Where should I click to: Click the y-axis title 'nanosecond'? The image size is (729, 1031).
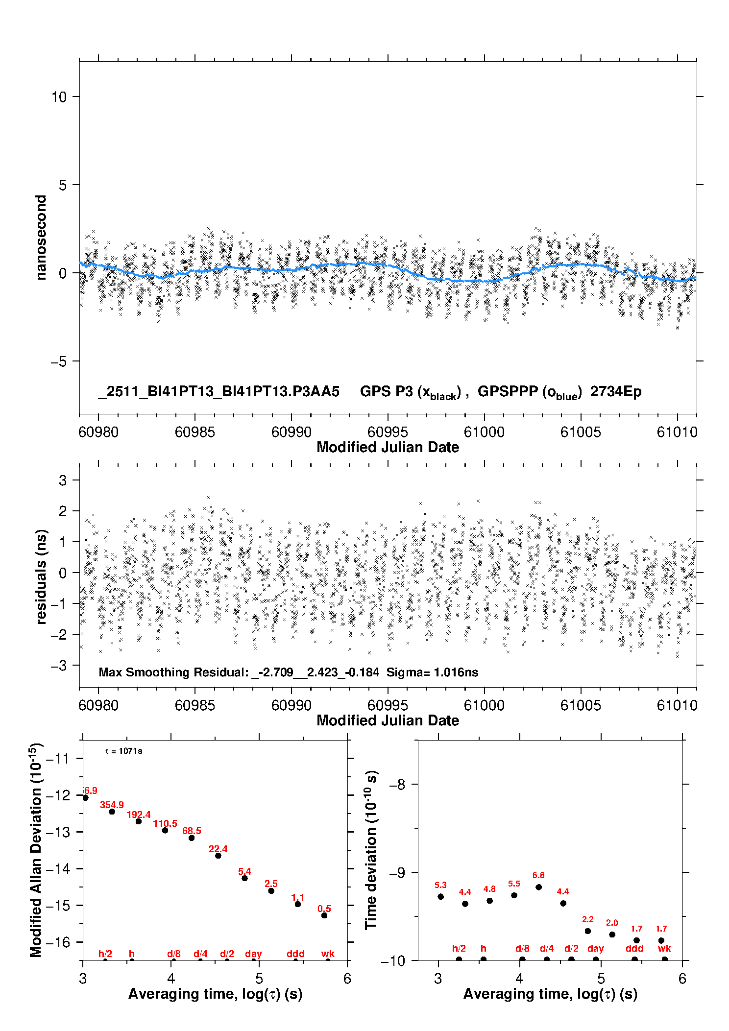pyautogui.click(x=41, y=238)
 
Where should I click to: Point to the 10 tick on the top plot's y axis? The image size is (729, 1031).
pyautogui.click(x=59, y=97)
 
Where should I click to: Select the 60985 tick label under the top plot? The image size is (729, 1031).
pyautogui.click(x=194, y=432)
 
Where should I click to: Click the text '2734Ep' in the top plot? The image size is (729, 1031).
pyautogui.click(x=615, y=392)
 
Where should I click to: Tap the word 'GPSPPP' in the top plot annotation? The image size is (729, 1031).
pyautogui.click(x=507, y=392)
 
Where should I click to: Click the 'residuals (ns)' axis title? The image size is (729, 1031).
pyautogui.click(x=41, y=576)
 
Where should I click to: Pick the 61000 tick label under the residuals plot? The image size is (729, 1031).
pyautogui.click(x=484, y=705)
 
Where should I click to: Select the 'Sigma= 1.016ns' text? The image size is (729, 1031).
pyautogui.click(x=432, y=672)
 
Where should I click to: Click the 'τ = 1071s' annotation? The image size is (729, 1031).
pyautogui.click(x=123, y=751)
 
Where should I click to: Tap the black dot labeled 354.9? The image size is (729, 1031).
pyautogui.click(x=112, y=812)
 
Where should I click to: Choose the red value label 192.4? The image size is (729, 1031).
pyautogui.click(x=139, y=815)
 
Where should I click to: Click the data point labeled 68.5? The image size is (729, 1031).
pyautogui.click(x=192, y=838)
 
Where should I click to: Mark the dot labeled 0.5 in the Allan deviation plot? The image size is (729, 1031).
pyautogui.click(x=324, y=915)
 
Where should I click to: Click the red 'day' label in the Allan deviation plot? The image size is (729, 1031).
pyautogui.click(x=253, y=954)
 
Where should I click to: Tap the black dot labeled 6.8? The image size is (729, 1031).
pyautogui.click(x=538, y=887)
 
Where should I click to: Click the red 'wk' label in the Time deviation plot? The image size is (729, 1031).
pyautogui.click(x=664, y=949)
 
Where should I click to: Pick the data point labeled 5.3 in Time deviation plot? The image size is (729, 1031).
pyautogui.click(x=440, y=896)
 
